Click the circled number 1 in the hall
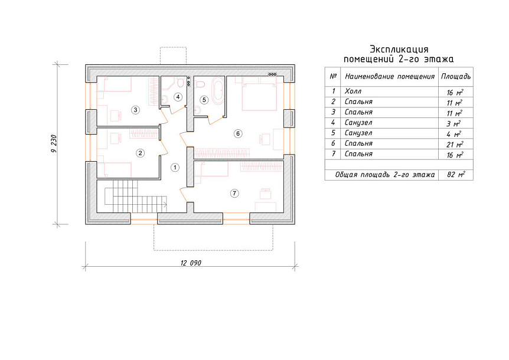coord(175,168)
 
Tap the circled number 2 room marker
coord(140,153)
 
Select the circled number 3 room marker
coord(135,110)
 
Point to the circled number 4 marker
coord(178,97)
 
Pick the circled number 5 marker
coord(204,100)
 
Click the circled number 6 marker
coord(238,133)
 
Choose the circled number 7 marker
coord(234,194)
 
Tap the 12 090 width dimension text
coord(191,263)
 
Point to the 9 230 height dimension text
coord(54,143)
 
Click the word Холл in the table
coord(353,91)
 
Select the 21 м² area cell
coord(455,145)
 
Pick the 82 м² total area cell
coord(456,175)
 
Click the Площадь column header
coord(456,77)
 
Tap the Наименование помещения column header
coord(390,77)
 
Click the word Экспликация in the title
coord(399,50)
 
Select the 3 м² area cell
coord(453,123)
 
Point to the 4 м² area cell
coord(453,134)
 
